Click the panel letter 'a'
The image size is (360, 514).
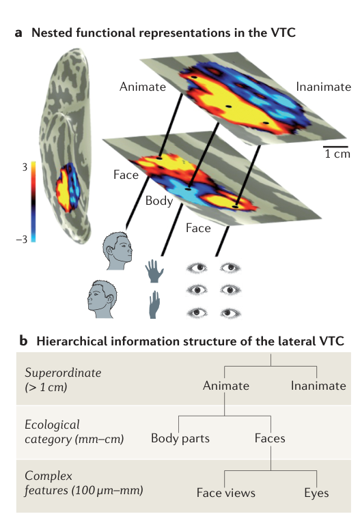point(18,33)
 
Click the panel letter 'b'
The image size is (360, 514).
point(24,341)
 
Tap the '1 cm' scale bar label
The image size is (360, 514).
point(337,154)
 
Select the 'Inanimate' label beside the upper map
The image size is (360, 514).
point(323,87)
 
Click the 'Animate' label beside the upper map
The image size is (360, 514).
point(143,87)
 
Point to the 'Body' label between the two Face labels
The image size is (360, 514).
point(159,201)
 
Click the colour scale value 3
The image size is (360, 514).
point(25,167)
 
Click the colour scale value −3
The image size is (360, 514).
point(22,240)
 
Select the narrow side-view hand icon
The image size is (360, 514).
point(154,304)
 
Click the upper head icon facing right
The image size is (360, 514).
point(117,251)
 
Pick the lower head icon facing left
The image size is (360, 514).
point(102,299)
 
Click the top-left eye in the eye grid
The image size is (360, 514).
point(197,268)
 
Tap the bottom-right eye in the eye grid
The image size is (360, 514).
point(231,313)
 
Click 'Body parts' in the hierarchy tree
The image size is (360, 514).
point(180,439)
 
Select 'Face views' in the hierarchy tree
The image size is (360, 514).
point(226,493)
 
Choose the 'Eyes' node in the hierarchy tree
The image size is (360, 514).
point(316,494)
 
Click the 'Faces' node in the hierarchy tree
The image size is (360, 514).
point(270,439)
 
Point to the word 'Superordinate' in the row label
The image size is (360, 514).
point(63,373)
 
